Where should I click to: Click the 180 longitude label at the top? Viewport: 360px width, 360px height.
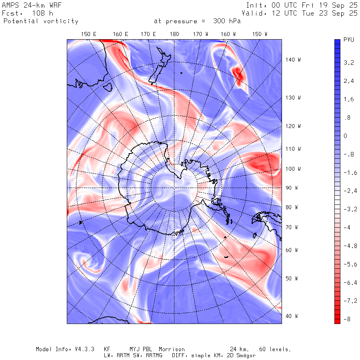point(174,34)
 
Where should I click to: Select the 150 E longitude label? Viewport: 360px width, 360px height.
point(88,34)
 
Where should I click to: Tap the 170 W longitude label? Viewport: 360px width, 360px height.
point(200,34)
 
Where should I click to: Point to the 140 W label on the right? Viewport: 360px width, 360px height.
point(293,60)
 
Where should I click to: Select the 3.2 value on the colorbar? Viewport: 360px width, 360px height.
point(349,63)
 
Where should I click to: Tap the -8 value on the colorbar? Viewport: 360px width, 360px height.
point(347,319)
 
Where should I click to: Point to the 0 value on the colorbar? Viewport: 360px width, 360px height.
point(345,136)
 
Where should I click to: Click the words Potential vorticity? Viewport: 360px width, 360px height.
point(41,21)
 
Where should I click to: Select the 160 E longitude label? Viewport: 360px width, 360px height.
point(120,34)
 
